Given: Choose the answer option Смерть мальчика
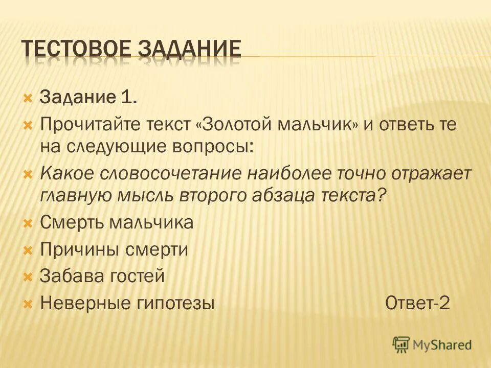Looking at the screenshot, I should coord(117,223).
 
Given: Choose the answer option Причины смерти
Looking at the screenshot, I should coord(114,250).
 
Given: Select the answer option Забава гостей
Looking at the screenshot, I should coord(102,277).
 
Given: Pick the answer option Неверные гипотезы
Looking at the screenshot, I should coord(127,304).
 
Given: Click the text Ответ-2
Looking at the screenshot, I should coord(417,303).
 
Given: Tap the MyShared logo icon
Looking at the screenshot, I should coord(400,344).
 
